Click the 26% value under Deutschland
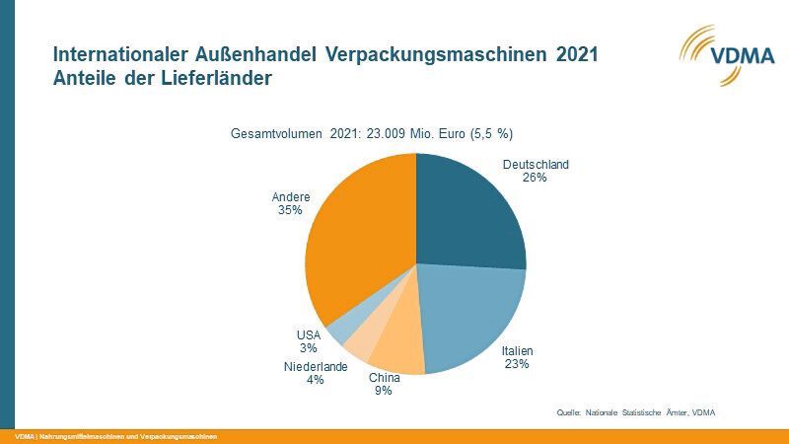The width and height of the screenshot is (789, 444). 536,179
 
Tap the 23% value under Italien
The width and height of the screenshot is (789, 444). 517,364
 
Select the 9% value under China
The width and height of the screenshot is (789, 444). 383,391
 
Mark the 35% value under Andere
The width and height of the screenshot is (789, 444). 290,210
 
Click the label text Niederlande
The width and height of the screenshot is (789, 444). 316,367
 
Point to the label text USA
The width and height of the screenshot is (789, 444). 309,335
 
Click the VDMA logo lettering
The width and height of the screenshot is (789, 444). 729,56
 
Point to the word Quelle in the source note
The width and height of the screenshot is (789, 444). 569,412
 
